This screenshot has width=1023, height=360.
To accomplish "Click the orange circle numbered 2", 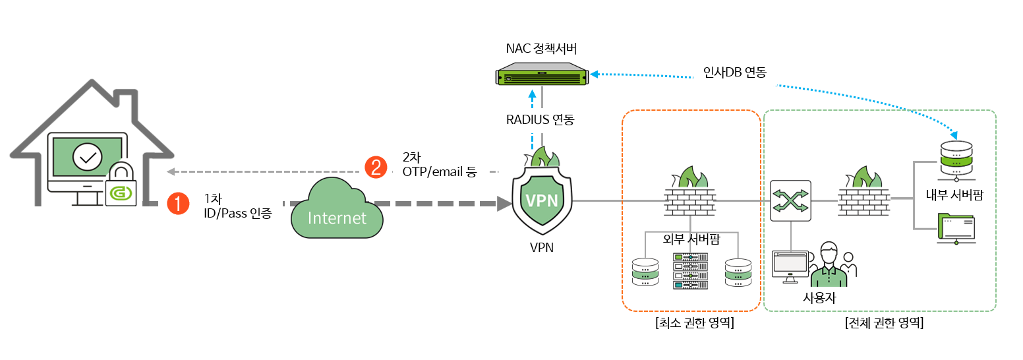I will [x=376, y=167].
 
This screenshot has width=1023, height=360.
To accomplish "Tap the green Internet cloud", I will [x=337, y=211].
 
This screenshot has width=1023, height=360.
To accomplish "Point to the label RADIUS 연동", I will [x=541, y=119].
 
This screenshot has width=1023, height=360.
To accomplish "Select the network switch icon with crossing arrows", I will [x=790, y=200].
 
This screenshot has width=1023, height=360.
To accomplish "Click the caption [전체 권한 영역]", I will [x=883, y=324].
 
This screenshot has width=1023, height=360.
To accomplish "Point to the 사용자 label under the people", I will [x=819, y=297].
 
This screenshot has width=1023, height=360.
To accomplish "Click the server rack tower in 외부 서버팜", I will [x=690, y=271].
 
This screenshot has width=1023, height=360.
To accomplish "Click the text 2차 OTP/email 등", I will [x=439, y=164].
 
